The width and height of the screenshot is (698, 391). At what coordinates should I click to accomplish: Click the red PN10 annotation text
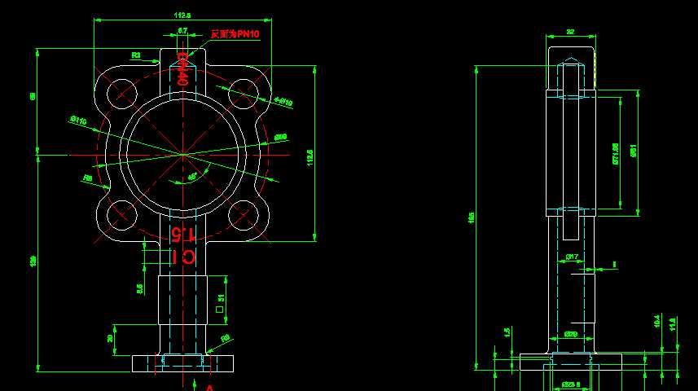pos(235,33)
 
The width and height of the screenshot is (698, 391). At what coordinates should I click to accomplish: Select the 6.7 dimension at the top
pos(182,30)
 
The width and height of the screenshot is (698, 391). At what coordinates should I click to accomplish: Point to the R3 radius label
pos(136,55)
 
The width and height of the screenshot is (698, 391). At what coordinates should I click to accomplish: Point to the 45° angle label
pos(192,176)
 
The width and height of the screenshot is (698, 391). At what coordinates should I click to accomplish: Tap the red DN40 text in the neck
pos(183,69)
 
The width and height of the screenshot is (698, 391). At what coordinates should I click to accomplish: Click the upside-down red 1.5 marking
pos(183,235)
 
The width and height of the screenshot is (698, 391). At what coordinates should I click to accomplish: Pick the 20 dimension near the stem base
pos(111,338)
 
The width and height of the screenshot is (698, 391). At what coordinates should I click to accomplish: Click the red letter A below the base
pos(209,388)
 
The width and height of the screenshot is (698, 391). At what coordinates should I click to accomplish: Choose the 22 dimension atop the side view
pos(570,32)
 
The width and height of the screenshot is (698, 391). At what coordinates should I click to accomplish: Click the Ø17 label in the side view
pos(572,257)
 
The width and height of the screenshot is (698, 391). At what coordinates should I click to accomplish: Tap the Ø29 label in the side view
pos(571,334)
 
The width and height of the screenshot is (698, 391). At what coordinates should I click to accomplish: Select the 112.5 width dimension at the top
pos(182,15)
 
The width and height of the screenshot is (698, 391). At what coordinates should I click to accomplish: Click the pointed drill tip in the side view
pos(571,61)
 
